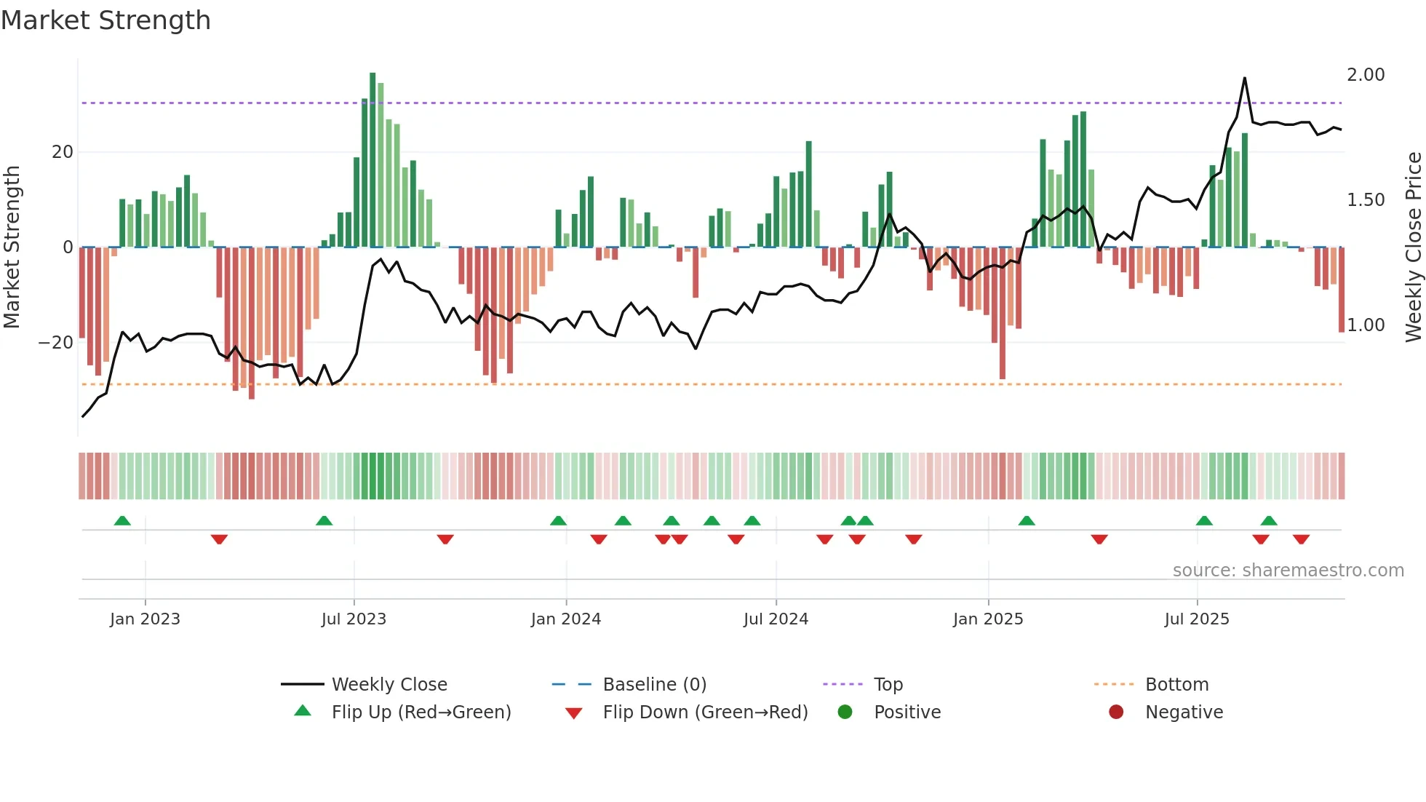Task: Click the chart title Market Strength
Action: [x=105, y=20]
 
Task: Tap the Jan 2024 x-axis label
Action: [x=565, y=619]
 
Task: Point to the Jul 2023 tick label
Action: [x=354, y=619]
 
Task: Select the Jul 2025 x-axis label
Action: [x=1196, y=619]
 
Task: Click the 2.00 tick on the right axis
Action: [x=1366, y=75]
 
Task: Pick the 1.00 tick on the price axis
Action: [x=1366, y=325]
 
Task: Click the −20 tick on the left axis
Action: [x=56, y=343]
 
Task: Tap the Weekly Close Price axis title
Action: [x=1413, y=247]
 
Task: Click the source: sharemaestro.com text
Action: [x=1288, y=571]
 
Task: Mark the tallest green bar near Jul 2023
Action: [x=373, y=160]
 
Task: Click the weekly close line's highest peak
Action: [x=1245, y=79]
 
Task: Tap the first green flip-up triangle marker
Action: [x=122, y=521]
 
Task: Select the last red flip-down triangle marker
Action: [x=1301, y=539]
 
